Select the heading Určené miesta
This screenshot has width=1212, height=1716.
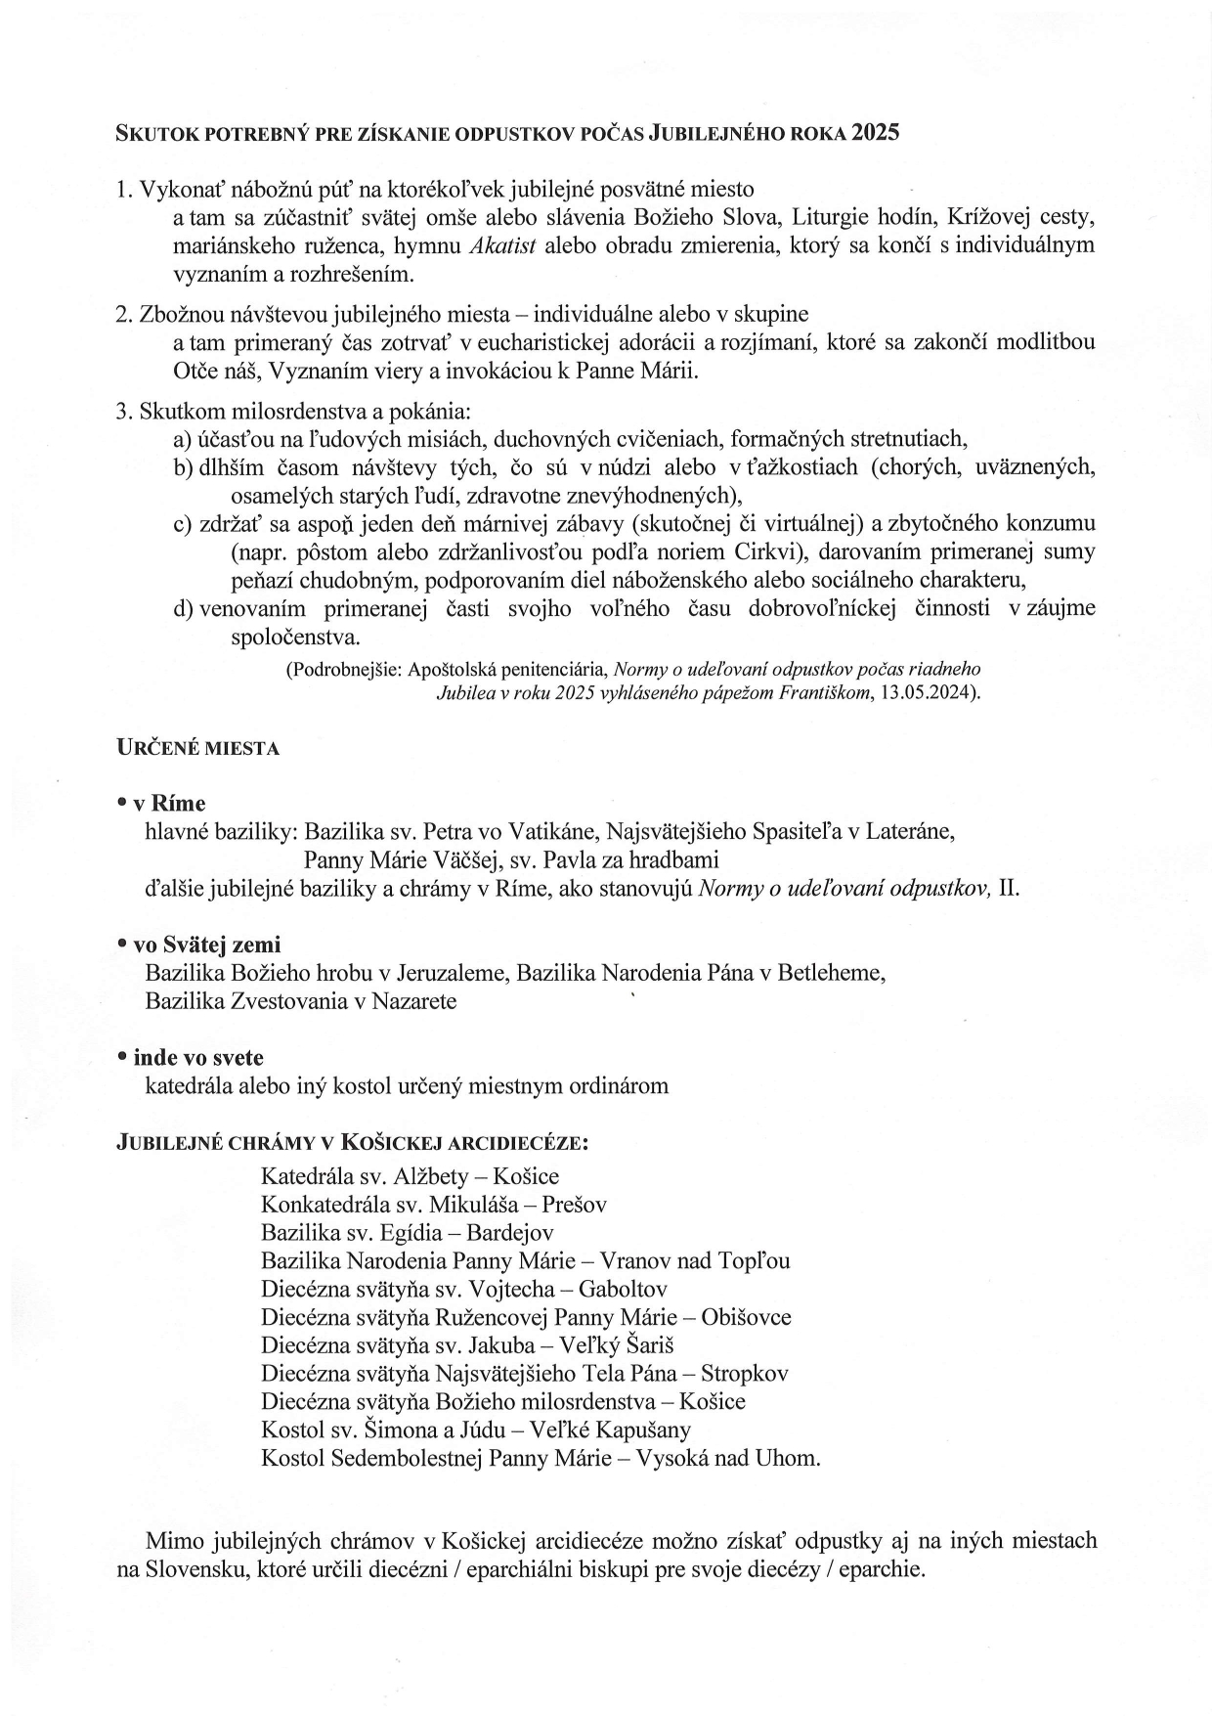point(197,748)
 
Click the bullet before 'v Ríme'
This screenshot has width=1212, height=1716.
point(121,802)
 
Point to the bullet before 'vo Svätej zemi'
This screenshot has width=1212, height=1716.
point(121,944)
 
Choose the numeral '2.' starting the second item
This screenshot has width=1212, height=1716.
point(124,315)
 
